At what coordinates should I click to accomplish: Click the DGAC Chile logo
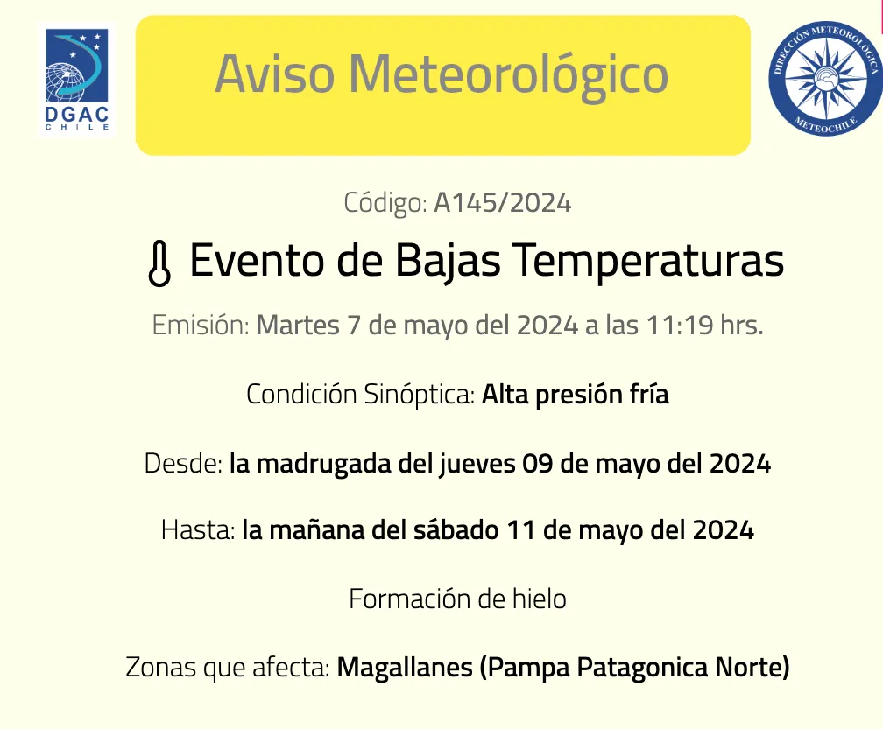79,80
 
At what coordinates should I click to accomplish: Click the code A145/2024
503,203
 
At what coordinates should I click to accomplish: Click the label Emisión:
201,326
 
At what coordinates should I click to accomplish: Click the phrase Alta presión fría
576,395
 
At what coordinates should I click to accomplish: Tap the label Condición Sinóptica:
361,395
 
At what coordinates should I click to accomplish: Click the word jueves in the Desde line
477,463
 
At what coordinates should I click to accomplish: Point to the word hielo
539,599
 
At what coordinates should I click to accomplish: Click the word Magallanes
405,669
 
